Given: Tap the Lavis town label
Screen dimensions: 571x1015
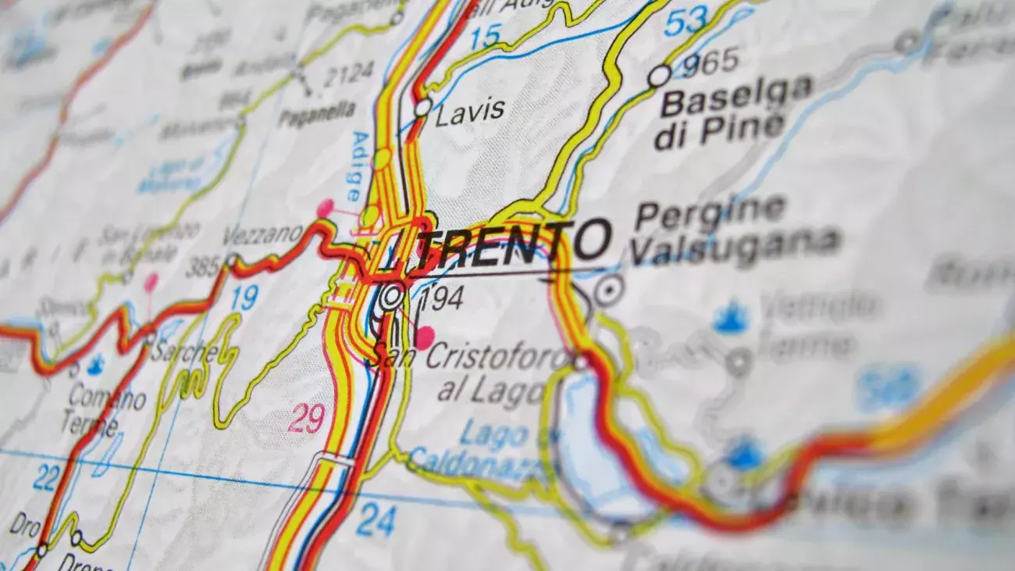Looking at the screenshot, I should [469, 112].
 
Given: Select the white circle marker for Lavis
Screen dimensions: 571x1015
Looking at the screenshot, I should [422, 107].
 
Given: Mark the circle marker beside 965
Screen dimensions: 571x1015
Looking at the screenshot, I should [659, 76].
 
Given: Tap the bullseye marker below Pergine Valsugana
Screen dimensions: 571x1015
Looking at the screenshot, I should [608, 291].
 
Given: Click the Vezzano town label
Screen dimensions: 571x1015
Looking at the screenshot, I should [262, 234].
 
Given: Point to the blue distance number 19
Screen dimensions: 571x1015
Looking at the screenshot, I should [244, 298].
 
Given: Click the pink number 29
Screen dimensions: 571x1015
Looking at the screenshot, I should [306, 419].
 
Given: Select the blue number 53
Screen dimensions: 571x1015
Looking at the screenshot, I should [685, 20].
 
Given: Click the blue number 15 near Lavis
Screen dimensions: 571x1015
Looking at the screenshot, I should [485, 36].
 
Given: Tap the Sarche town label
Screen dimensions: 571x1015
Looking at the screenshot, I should [185, 352].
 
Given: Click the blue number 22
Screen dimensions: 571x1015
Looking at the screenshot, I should [46, 476].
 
